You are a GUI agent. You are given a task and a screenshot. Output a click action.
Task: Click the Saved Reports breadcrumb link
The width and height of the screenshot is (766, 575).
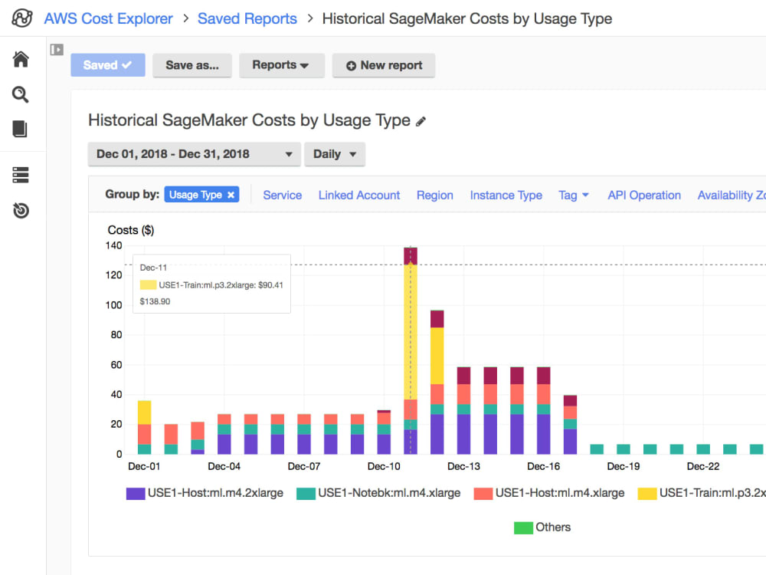247,18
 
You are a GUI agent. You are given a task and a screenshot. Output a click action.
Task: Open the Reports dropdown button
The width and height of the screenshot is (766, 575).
281,65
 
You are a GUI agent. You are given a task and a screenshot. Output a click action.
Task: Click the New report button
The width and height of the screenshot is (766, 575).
383,65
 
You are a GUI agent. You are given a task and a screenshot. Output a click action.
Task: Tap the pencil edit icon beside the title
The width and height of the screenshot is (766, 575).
421,121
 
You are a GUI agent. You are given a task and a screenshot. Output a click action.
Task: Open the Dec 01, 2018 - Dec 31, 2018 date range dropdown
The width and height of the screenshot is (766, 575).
194,154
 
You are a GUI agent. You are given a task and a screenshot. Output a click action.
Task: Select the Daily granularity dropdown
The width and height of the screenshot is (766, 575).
334,154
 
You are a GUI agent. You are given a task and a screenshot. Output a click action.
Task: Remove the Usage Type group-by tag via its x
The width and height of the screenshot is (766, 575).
231,195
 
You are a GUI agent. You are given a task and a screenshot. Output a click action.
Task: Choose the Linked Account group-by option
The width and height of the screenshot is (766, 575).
358,195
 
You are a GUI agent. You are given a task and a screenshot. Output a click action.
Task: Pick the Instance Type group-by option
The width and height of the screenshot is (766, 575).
506,195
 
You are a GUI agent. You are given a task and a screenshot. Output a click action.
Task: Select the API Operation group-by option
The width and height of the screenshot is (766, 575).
643,195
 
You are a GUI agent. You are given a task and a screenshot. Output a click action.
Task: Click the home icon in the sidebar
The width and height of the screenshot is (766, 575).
21,60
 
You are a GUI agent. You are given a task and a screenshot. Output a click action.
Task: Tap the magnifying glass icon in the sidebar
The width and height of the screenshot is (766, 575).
21,94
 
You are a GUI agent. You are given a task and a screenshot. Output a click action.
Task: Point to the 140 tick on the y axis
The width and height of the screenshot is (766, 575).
113,245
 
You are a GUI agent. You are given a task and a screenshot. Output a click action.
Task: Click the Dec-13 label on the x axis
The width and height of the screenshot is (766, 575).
463,466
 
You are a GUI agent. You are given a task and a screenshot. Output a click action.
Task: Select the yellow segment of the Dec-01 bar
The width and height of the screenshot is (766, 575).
144,412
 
